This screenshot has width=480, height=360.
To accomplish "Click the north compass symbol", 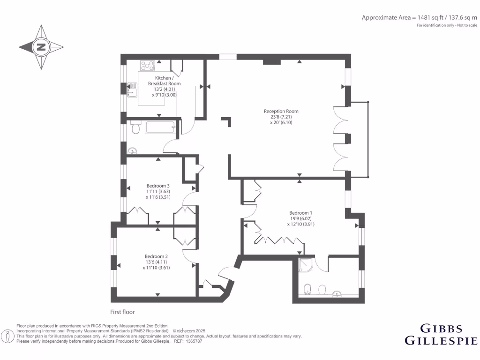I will click(41, 47).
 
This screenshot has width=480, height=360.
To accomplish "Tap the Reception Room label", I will click(281, 111).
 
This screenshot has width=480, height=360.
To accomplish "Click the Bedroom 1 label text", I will click(300, 212).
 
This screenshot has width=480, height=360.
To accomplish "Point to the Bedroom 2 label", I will click(156, 256).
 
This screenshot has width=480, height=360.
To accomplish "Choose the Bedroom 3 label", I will click(157, 186).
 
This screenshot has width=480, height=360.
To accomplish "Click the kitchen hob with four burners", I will click(147, 66).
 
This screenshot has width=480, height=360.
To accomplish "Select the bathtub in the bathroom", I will click(159, 127).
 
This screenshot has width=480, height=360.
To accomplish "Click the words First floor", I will click(122, 312).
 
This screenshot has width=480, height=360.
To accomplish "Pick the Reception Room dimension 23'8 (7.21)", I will click(281, 117).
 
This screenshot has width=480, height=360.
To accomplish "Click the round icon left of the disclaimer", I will click(7, 336).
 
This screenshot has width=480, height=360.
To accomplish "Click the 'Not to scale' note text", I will click(467, 25).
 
